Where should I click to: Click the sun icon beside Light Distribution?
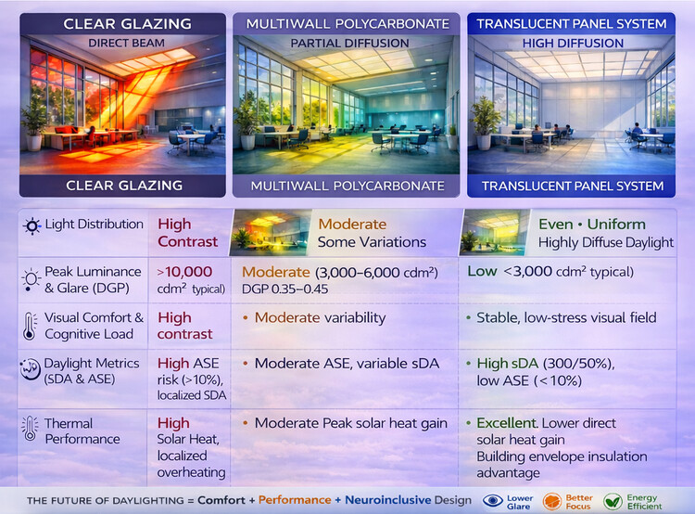(x=32, y=226)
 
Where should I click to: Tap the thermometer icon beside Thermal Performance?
(x=32, y=430)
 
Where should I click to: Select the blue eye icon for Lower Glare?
(x=492, y=500)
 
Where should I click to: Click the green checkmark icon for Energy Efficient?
(x=613, y=500)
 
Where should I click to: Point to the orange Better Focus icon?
(x=550, y=500)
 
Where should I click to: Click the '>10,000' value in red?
(x=185, y=272)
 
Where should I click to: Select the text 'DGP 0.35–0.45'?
(x=285, y=289)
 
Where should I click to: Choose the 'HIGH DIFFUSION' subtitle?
(x=570, y=43)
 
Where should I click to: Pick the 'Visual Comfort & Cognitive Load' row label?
(x=94, y=326)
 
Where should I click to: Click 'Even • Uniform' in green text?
(x=593, y=224)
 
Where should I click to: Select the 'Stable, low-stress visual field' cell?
(x=566, y=317)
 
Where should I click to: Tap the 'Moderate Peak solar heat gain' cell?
(x=351, y=423)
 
